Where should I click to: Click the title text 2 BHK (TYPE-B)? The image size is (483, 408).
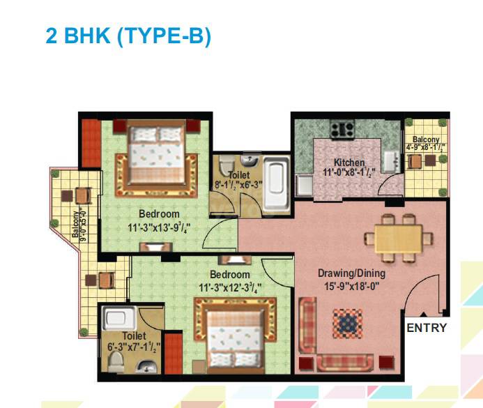128,36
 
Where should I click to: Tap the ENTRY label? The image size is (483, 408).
427,328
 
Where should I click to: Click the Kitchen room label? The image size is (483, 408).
348,163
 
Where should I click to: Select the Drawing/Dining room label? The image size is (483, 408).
351,273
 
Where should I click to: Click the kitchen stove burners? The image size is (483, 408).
343,130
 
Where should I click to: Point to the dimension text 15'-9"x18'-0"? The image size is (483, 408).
352,285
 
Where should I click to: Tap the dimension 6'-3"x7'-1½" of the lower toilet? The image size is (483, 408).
132,347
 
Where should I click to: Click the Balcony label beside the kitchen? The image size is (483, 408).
425,139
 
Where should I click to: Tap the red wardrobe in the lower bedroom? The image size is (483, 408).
174,353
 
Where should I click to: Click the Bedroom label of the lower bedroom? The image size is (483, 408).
230,275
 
